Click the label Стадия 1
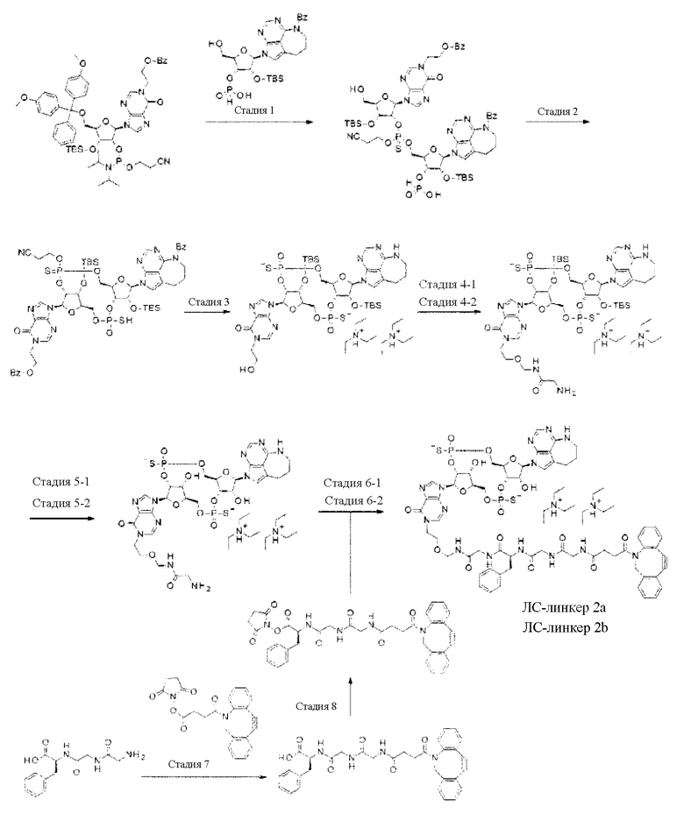tap(259, 111)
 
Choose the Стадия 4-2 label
tap(443, 301)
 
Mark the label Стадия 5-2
tap(62, 502)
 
